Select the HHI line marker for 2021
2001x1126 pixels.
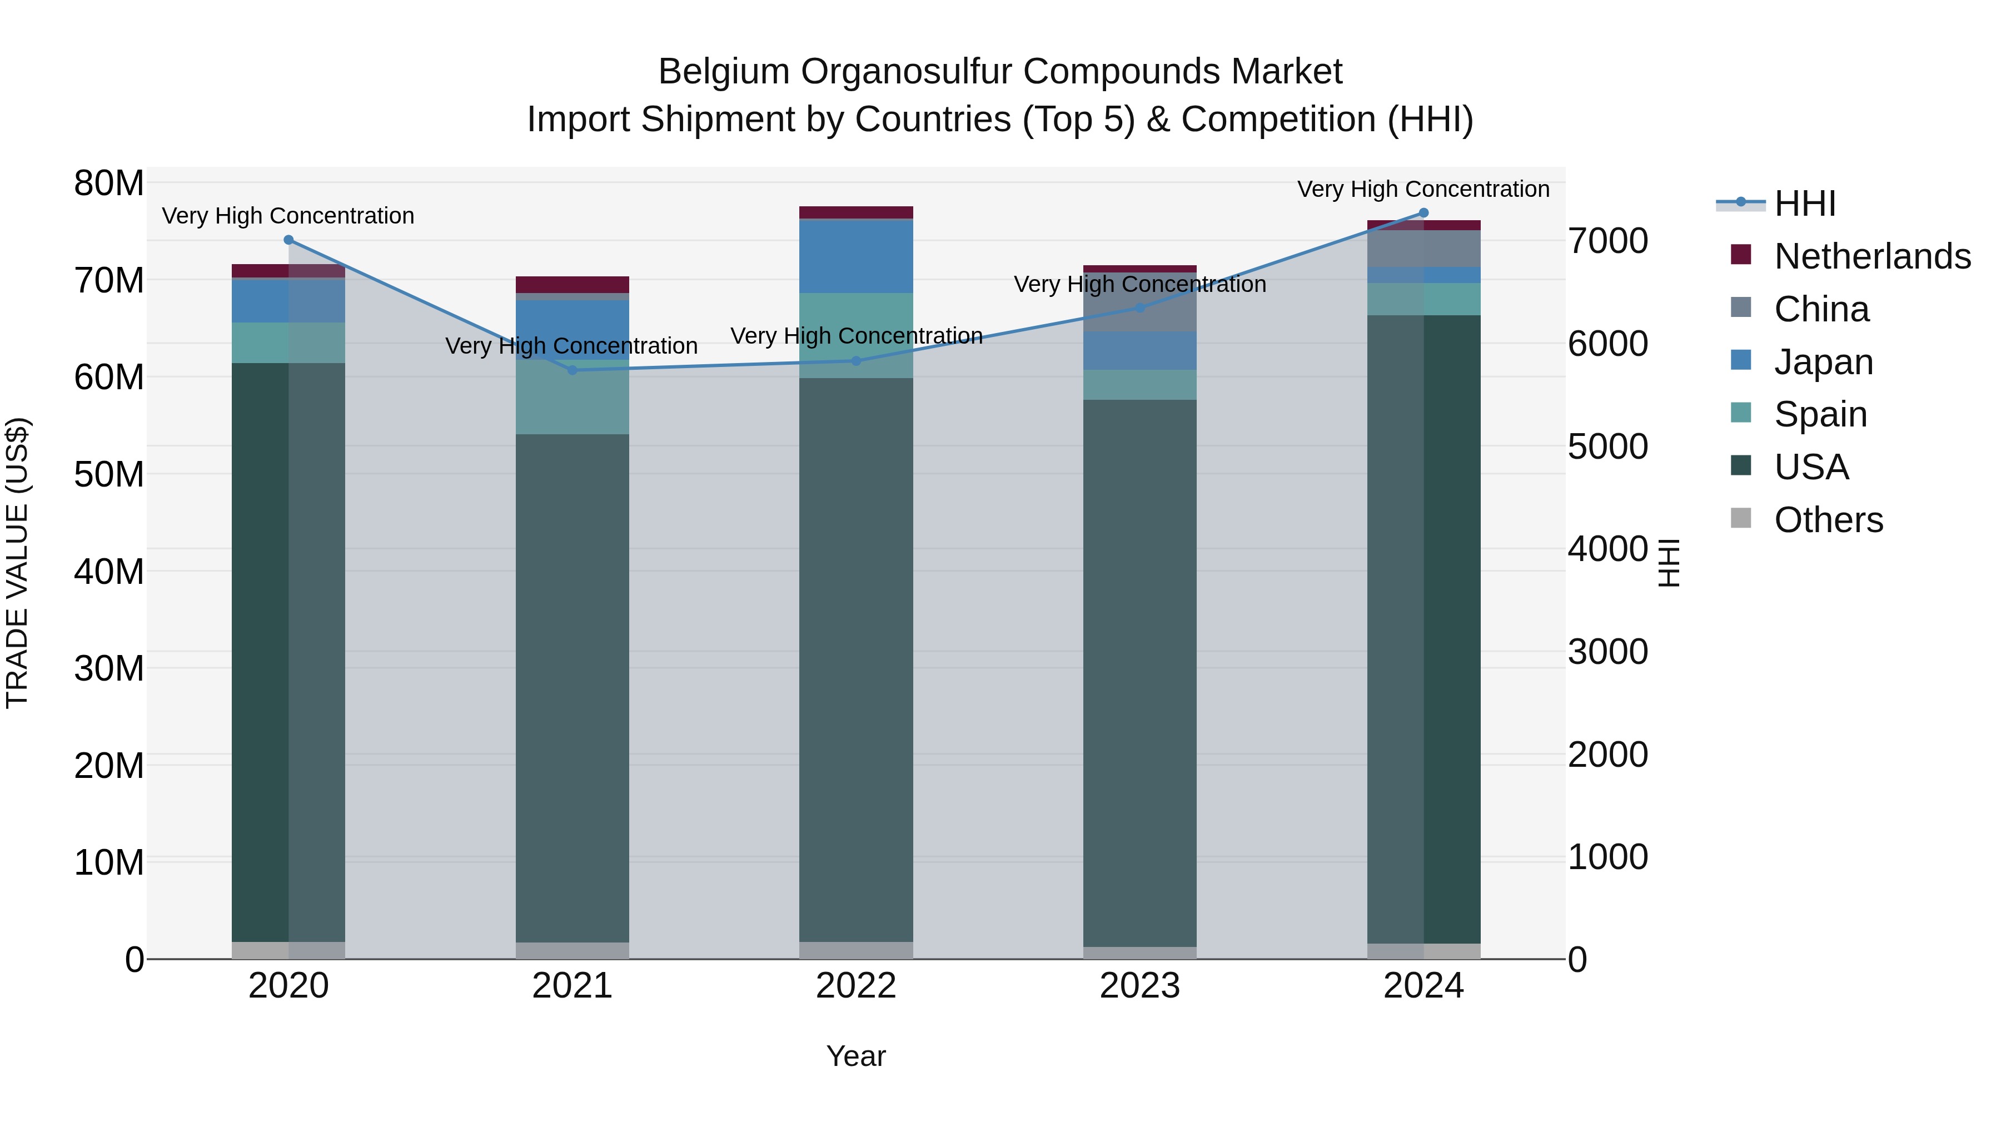click(x=573, y=370)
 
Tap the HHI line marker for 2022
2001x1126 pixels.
click(x=856, y=360)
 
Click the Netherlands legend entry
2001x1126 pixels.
click(x=1872, y=256)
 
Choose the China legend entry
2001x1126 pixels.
click(x=1821, y=309)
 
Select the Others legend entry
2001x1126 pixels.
click(x=1829, y=520)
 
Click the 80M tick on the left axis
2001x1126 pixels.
click(x=109, y=184)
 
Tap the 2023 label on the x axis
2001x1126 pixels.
click(x=1139, y=986)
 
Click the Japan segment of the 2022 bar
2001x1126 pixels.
click(x=856, y=256)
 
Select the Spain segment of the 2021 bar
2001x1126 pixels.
click(x=573, y=396)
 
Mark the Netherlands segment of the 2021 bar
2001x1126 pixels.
click(x=573, y=284)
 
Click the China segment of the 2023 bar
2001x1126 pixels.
click(x=1139, y=303)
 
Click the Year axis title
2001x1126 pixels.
click(x=856, y=1056)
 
